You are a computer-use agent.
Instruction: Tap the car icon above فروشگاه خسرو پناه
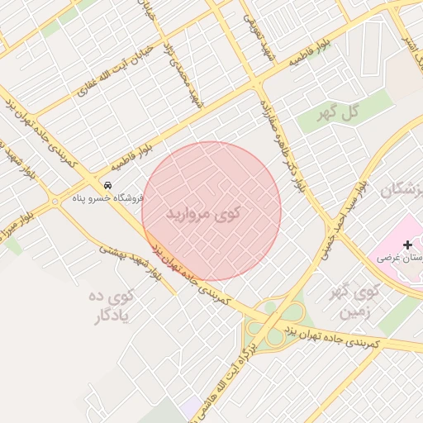(107, 185)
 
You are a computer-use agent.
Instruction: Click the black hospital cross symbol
(406, 245)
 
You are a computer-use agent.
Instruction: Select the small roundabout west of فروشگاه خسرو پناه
(54, 201)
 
